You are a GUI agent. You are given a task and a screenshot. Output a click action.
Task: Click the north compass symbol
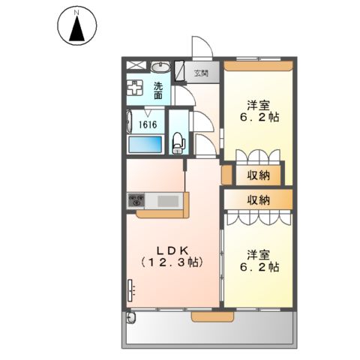(x=76, y=25)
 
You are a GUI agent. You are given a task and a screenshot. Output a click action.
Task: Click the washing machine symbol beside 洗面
(x=135, y=87)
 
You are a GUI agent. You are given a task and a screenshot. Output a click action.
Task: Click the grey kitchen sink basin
(x=166, y=200)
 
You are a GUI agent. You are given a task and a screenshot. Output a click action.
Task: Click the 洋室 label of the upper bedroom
(x=259, y=106)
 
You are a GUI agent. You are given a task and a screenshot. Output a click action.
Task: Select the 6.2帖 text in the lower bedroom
(x=259, y=266)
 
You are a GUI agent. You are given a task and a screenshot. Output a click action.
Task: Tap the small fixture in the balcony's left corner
(x=131, y=318)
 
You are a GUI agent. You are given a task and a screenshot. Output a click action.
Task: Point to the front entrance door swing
(x=201, y=46)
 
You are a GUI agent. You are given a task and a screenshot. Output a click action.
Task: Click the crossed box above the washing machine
(x=135, y=66)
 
